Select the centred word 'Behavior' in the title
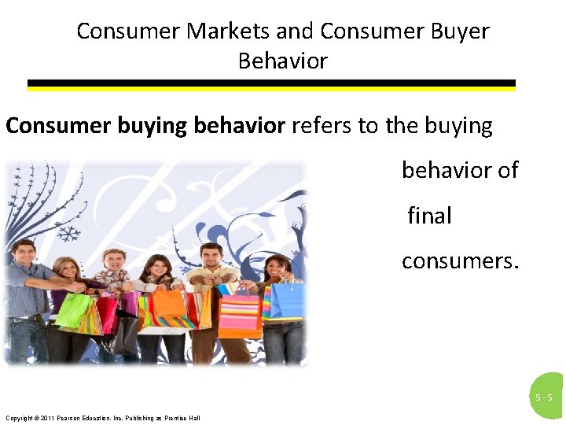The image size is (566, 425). (283, 61)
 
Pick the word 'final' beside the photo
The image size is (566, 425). (429, 216)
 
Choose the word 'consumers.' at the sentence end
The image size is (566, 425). (460, 261)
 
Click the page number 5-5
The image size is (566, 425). (544, 397)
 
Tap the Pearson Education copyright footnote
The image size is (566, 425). (102, 417)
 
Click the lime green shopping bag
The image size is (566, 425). (72, 309)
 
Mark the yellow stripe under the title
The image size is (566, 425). (271, 89)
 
